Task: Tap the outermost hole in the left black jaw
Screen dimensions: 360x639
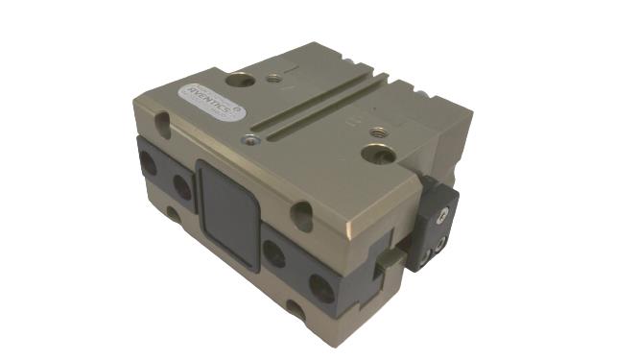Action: pyautogui.click(x=149, y=164)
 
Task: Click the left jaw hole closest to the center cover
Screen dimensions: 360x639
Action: pyautogui.click(x=178, y=180)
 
